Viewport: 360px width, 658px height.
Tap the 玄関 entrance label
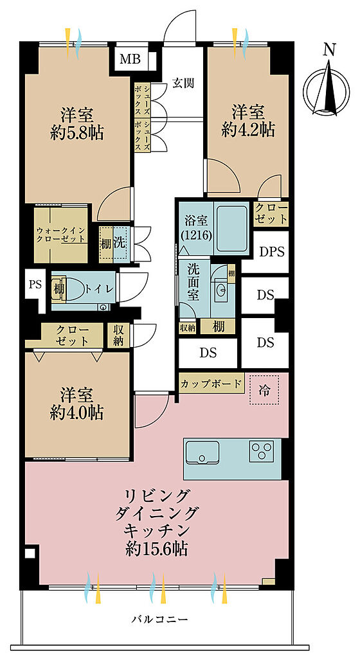(183, 84)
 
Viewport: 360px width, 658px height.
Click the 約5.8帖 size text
(76, 134)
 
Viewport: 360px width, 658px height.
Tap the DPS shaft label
(271, 252)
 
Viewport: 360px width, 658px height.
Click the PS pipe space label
(35, 285)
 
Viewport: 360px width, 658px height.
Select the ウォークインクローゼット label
(61, 235)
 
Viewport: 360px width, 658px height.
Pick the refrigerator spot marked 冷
(264, 391)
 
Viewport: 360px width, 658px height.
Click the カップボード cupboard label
(212, 384)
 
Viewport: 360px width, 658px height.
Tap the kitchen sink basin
(203, 453)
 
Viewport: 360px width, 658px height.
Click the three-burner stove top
(262, 451)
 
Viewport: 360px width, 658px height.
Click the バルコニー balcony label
(159, 619)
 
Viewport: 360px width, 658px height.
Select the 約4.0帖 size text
(76, 413)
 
